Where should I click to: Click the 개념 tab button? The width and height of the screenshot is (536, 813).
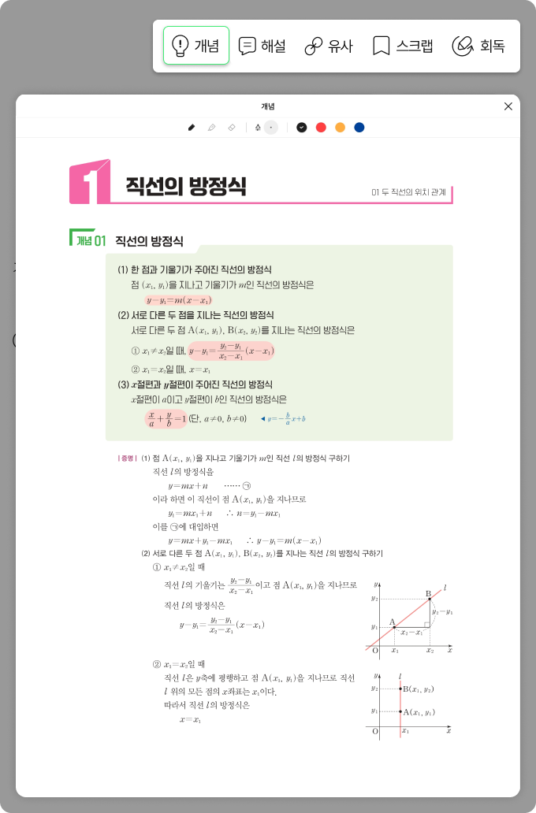[196, 46]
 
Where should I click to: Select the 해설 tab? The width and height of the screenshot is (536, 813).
[262, 46]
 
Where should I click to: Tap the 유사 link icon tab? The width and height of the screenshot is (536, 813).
[329, 46]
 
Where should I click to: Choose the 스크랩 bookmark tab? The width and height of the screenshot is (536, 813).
[403, 46]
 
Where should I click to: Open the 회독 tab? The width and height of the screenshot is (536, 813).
[478, 46]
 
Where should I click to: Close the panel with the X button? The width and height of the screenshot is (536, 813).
[508, 106]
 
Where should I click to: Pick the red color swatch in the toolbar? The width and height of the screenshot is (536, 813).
[321, 127]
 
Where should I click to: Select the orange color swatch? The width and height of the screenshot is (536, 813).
[341, 127]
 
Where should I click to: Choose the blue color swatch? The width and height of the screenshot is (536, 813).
[359, 127]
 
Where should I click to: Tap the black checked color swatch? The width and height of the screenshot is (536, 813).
[301, 127]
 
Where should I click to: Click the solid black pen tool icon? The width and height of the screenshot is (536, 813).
[192, 127]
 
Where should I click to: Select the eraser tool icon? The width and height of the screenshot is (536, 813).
[231, 127]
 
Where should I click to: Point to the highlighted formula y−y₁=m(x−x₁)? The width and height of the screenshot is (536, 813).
[178, 300]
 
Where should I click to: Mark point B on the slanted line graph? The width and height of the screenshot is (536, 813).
[430, 600]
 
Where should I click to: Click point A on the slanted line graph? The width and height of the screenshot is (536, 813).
[394, 626]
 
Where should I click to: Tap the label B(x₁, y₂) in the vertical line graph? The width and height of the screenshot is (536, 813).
[418, 689]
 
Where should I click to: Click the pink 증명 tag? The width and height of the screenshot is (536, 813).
[127, 458]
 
